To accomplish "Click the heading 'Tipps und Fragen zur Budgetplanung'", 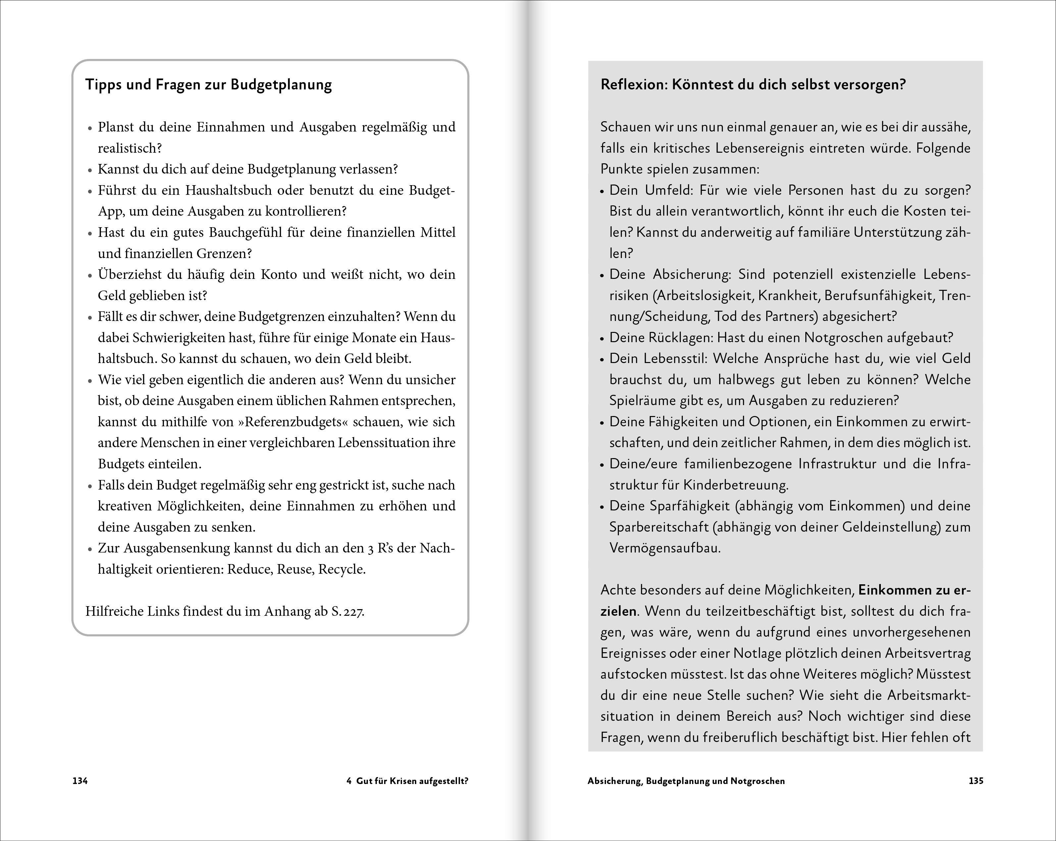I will point(209,85).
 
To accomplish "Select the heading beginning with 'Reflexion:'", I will point(753,85).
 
